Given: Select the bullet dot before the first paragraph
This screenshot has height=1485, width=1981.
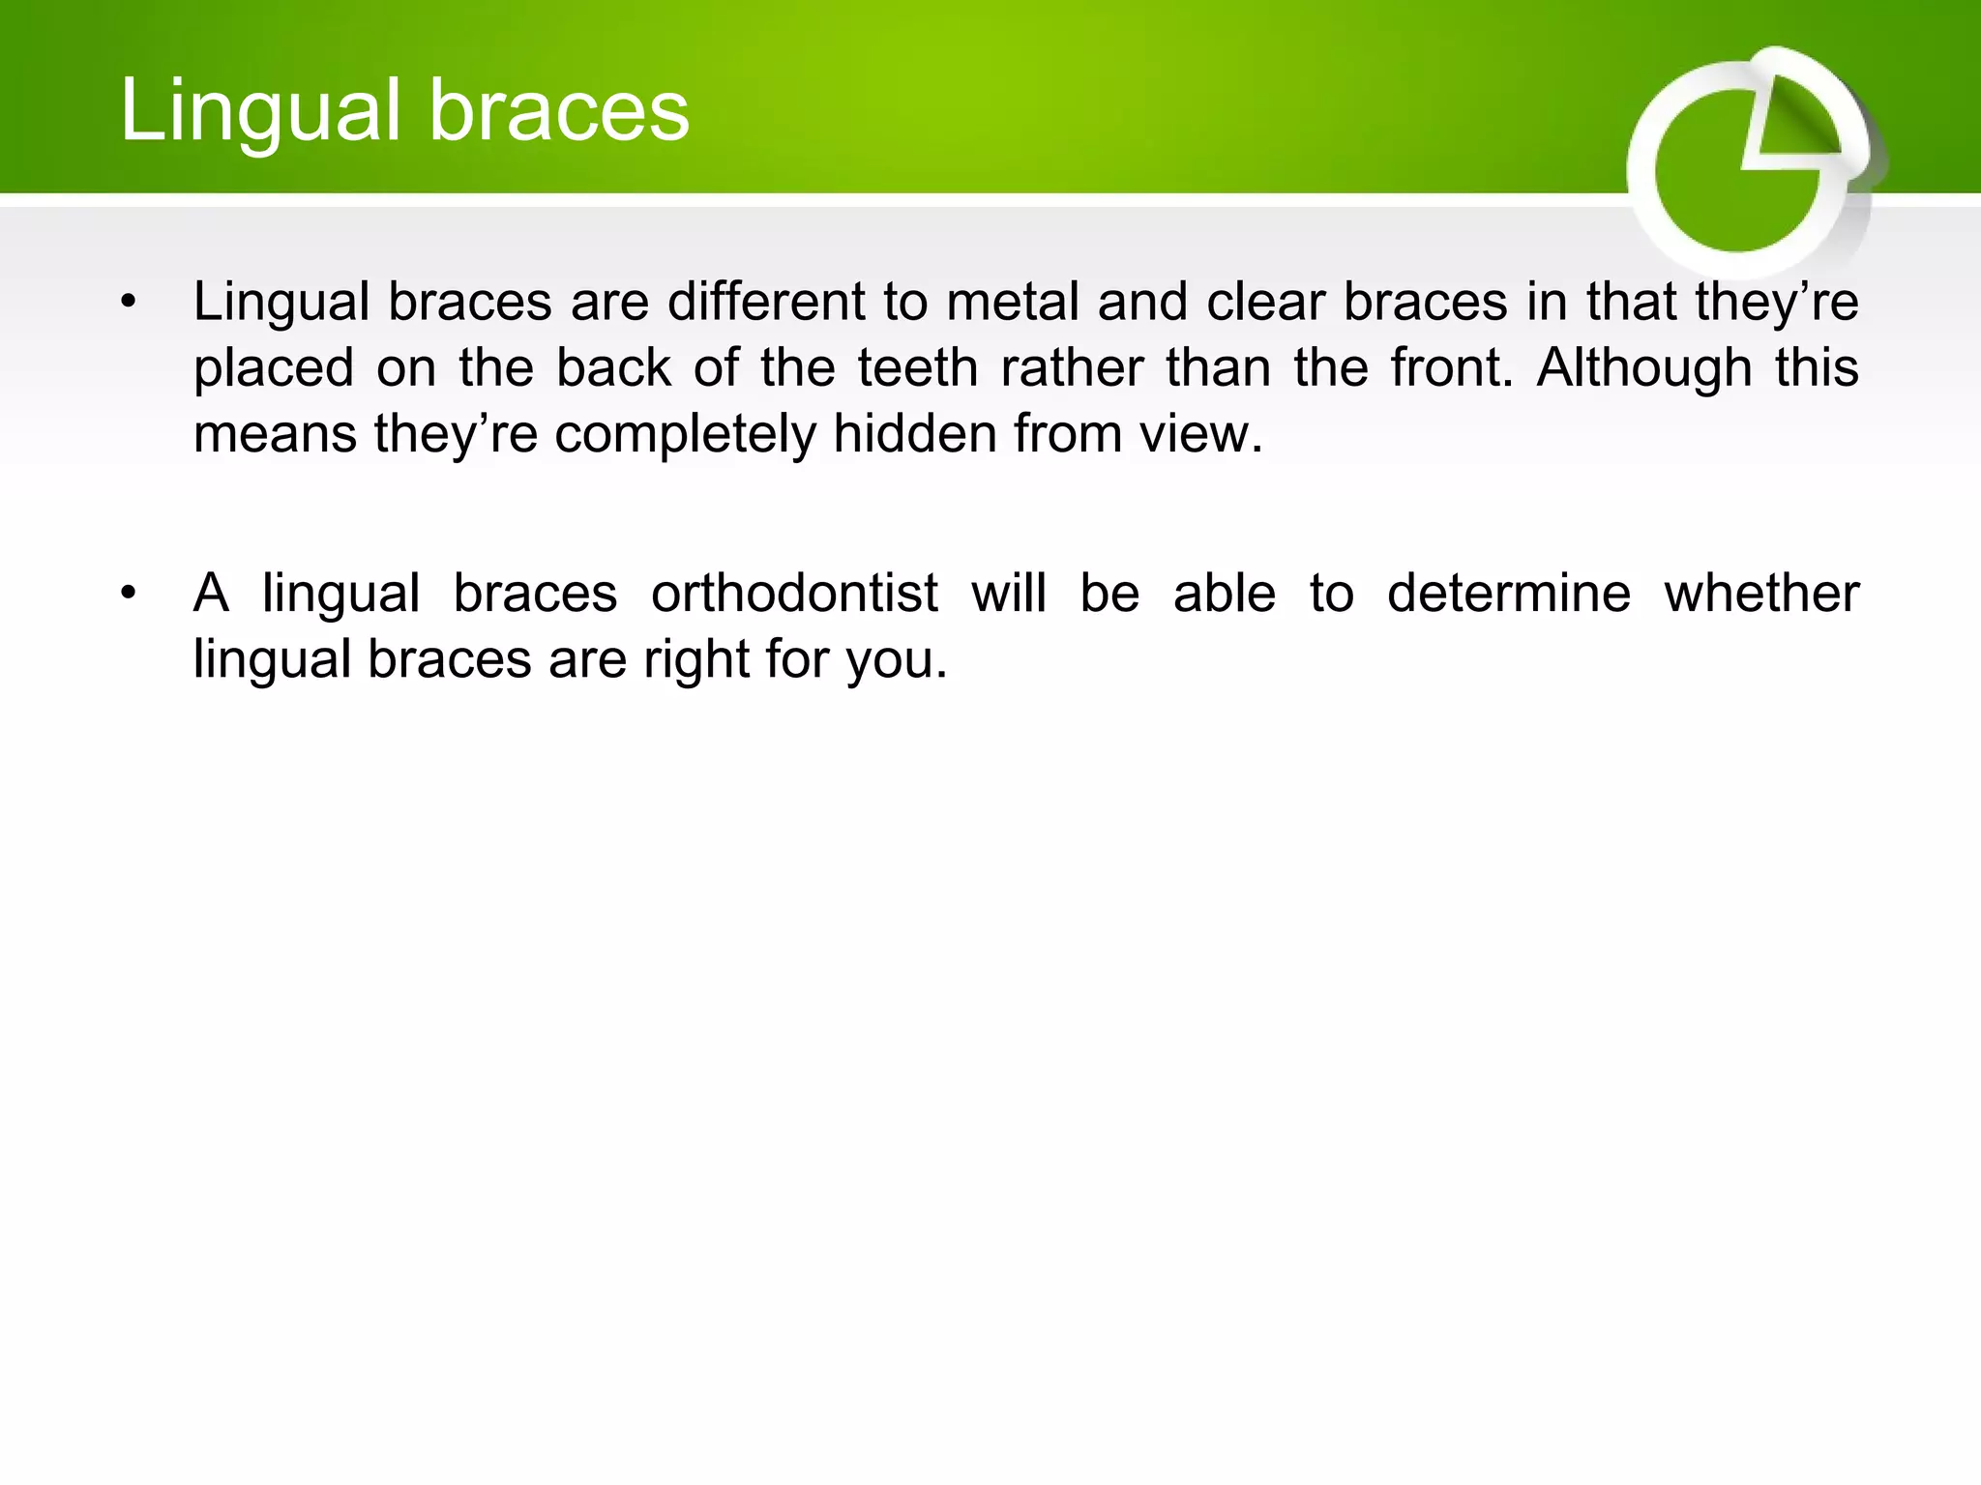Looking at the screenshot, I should pyautogui.click(x=128, y=304).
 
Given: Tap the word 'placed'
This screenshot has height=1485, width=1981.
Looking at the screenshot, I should pyautogui.click(x=274, y=369).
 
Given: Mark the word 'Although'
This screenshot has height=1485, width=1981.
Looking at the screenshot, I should pyautogui.click(x=1644, y=367).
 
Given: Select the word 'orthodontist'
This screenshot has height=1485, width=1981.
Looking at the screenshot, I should pyautogui.click(x=794, y=593).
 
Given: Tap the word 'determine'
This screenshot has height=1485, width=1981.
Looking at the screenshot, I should pyautogui.click(x=1509, y=593).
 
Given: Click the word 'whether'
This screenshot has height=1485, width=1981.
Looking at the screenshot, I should pyautogui.click(x=1760, y=593).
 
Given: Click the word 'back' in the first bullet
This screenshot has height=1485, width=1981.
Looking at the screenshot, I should pyautogui.click(x=613, y=367).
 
